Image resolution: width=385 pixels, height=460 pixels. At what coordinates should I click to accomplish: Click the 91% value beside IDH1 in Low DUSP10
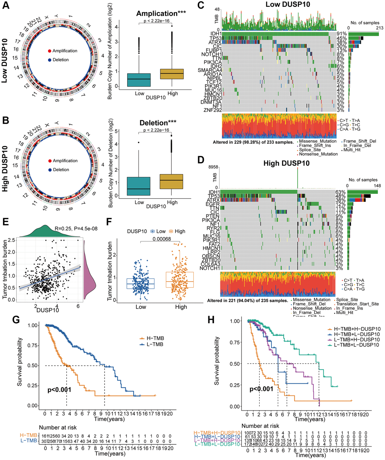(339, 34)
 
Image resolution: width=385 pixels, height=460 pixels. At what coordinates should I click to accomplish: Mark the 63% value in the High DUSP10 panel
(339, 192)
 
